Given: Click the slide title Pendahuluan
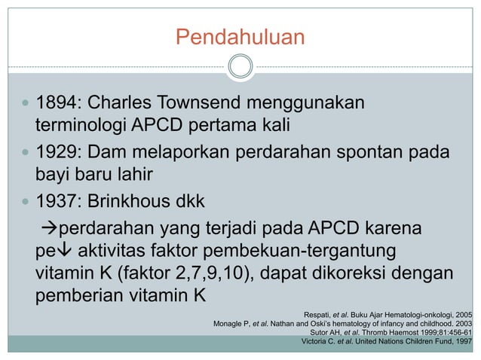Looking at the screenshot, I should tap(240, 36).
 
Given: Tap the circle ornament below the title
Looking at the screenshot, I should tap(240, 67).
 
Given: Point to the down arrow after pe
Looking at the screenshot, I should tap(63, 249).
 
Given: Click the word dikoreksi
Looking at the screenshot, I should tap(360, 270).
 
